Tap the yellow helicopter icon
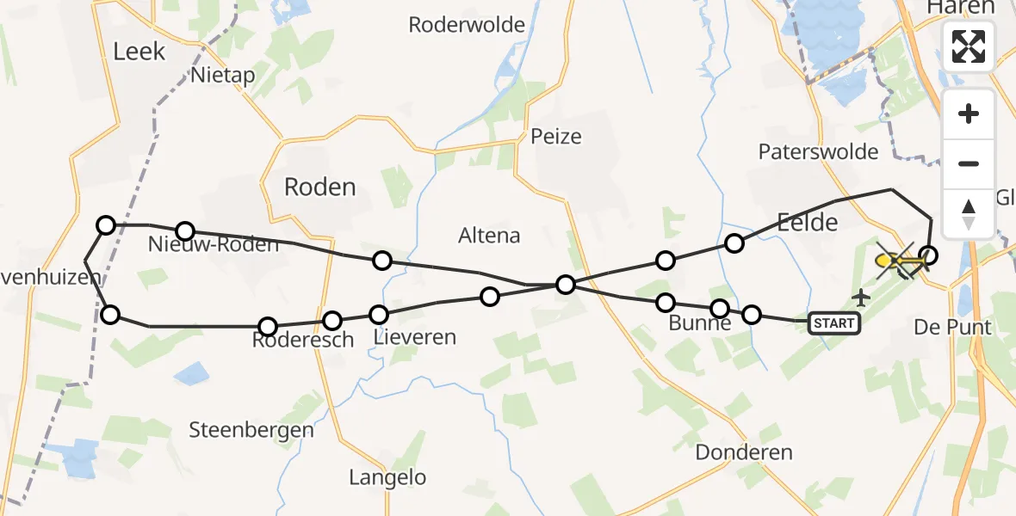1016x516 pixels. (x=897, y=260)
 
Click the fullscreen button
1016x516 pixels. (x=969, y=46)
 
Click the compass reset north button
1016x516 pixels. (x=969, y=212)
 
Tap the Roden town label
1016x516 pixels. (x=320, y=187)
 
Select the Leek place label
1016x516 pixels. (x=139, y=52)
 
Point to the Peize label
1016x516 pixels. (x=556, y=136)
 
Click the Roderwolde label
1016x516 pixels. (x=467, y=25)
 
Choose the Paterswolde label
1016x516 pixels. (x=818, y=152)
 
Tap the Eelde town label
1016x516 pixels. (x=807, y=223)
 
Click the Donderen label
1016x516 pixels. (x=744, y=452)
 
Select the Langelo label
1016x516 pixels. (x=387, y=477)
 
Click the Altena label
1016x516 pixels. (x=489, y=235)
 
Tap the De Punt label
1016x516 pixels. (x=952, y=328)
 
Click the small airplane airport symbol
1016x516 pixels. (x=860, y=298)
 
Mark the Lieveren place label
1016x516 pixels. (x=415, y=337)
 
